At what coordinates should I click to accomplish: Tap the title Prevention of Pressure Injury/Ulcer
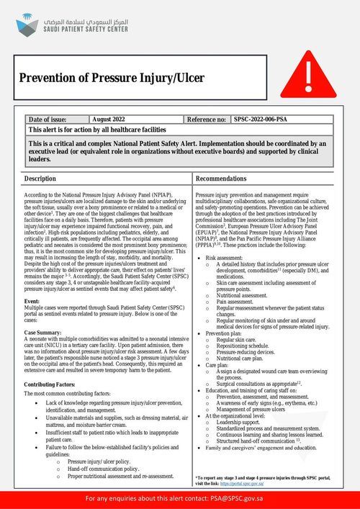tap(112, 78)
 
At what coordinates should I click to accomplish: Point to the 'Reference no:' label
tap(207, 119)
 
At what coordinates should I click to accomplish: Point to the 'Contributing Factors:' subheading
tap(50, 385)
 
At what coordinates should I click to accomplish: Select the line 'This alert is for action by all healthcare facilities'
tap(97, 129)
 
